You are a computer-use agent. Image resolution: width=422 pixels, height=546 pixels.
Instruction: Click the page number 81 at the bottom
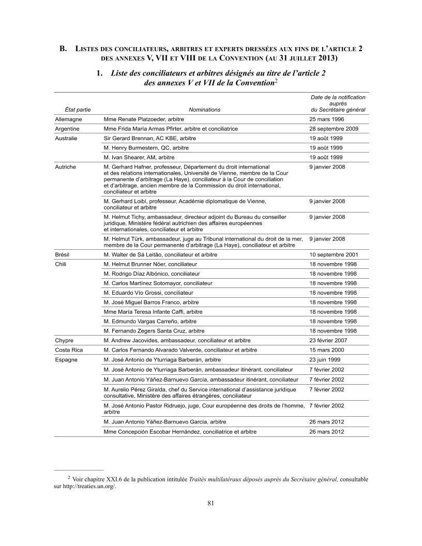[x=210, y=504]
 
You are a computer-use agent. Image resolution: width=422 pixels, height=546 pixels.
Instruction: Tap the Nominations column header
[x=204, y=110]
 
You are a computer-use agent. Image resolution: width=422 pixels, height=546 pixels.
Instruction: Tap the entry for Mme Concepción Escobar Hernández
[x=180, y=432]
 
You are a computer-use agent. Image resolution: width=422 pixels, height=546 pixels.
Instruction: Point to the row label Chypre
[x=64, y=341]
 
